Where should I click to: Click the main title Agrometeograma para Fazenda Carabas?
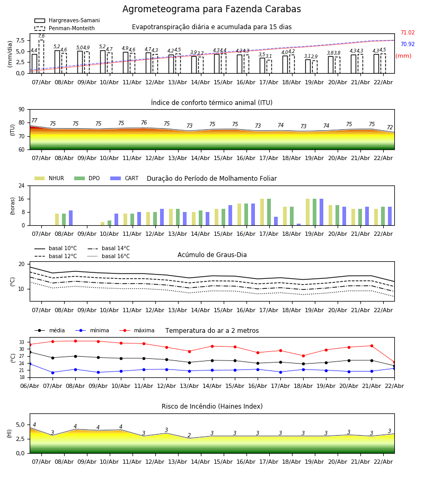tap(211, 9)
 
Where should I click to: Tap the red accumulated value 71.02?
tap(407, 33)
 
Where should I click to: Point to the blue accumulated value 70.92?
tap(407, 45)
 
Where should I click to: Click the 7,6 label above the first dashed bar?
tap(41, 36)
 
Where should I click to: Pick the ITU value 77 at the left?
tap(34, 121)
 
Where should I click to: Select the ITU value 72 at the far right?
tap(390, 128)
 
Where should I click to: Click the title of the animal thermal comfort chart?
tap(211, 103)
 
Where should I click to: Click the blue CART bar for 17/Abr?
tap(276, 221)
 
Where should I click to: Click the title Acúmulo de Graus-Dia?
tap(212, 255)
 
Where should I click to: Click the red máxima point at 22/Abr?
tap(394, 362)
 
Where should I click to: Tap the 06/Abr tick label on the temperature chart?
tap(29, 385)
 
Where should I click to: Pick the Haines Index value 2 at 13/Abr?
tap(189, 436)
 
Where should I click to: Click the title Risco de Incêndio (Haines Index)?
tap(212, 407)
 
